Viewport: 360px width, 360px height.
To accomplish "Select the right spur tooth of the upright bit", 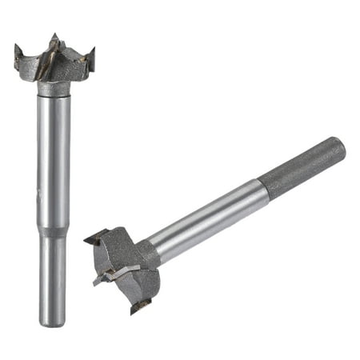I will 90,56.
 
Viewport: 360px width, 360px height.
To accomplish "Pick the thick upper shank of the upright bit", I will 54,160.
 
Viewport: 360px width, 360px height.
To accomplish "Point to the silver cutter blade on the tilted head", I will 120,272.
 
